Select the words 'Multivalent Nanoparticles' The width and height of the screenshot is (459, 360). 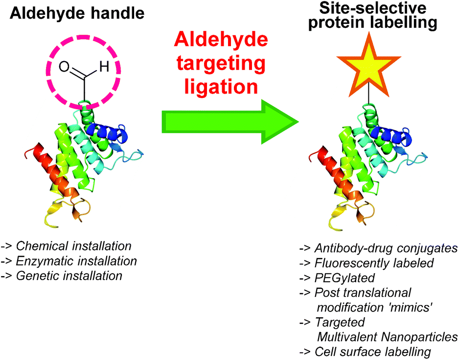coord(387,336)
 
